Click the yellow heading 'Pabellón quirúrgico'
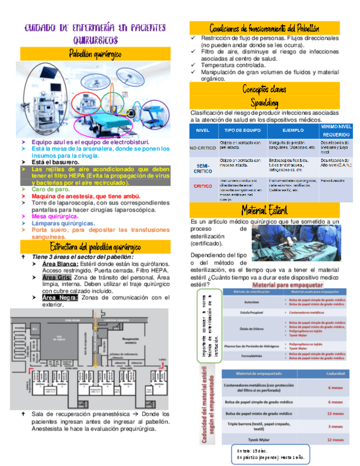[95, 54]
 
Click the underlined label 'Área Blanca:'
[60, 264]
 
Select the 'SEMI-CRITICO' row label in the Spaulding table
[203, 168]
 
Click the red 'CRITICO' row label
[203, 187]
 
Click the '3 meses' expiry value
[335, 426]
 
